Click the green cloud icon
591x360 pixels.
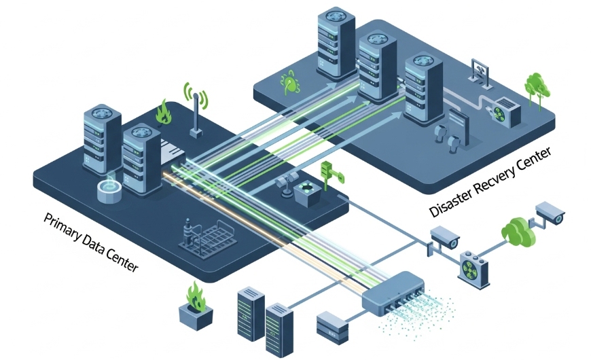click(x=518, y=231)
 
